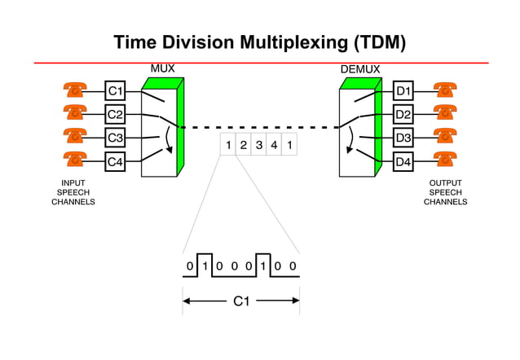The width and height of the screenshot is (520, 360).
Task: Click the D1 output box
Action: click(x=403, y=90)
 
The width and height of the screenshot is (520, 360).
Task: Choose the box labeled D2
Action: click(x=403, y=114)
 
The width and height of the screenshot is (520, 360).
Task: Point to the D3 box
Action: click(x=403, y=138)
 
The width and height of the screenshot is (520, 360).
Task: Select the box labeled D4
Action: click(x=403, y=161)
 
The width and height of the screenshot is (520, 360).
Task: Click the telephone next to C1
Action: click(x=76, y=90)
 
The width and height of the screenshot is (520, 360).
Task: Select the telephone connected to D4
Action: click(x=444, y=160)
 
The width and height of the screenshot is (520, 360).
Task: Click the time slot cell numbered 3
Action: click(x=259, y=146)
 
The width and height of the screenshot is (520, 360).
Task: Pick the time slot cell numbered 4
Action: click(x=275, y=146)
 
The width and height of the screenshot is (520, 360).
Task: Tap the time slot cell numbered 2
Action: click(x=244, y=146)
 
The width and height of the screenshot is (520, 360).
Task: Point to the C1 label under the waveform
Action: click(x=241, y=302)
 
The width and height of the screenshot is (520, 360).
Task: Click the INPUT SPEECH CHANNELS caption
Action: click(x=73, y=192)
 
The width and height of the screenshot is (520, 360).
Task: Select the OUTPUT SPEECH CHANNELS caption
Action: click(x=445, y=192)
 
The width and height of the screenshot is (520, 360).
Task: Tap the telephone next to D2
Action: click(x=444, y=113)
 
